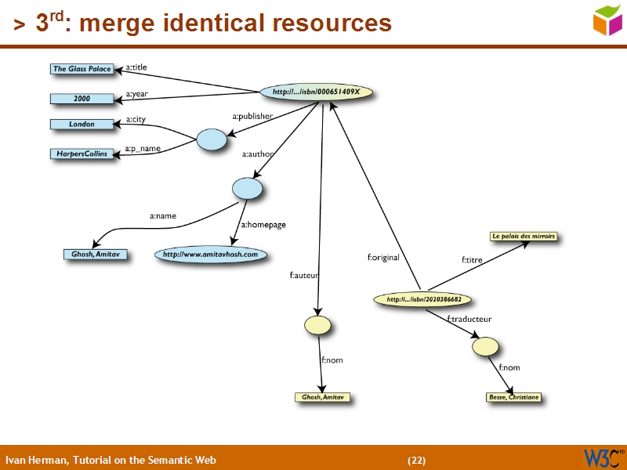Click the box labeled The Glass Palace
pyautogui.click(x=82, y=69)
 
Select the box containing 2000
pyautogui.click(x=82, y=99)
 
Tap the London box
pyautogui.click(x=82, y=124)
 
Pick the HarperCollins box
pyautogui.click(x=82, y=154)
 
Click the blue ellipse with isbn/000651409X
pyautogui.click(x=316, y=92)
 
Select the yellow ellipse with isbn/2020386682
pyautogui.click(x=429, y=299)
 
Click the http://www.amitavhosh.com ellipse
pyautogui.click(x=210, y=254)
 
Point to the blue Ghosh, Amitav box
pyautogui.click(x=95, y=255)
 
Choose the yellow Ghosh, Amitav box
pyautogui.click(x=322, y=398)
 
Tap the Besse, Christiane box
pyautogui.click(x=513, y=398)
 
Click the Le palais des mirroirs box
pyautogui.click(x=523, y=236)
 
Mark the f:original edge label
pyautogui.click(x=383, y=257)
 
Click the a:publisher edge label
pyautogui.click(x=252, y=117)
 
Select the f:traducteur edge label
pyautogui.click(x=469, y=319)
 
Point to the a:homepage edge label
pyautogui.click(x=263, y=225)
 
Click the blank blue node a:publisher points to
pyautogui.click(x=211, y=140)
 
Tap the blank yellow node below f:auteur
pyautogui.click(x=317, y=325)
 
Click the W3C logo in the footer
pyautogui.click(x=603, y=457)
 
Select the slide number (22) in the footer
pyautogui.click(x=416, y=460)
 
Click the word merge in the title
pyautogui.click(x=118, y=23)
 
